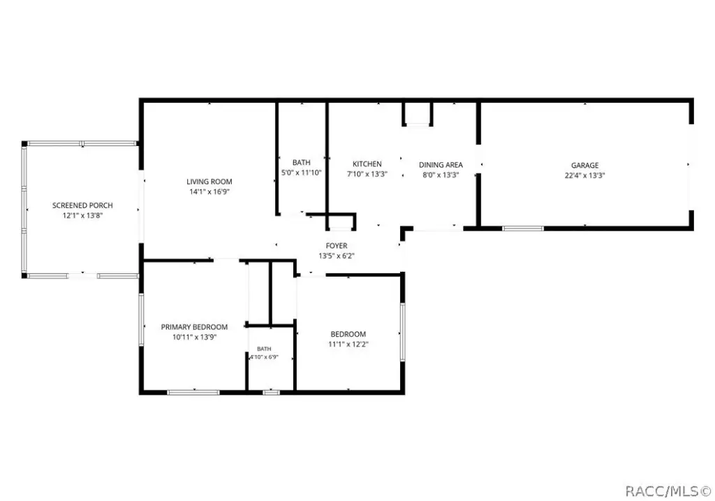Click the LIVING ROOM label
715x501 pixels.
click(209, 182)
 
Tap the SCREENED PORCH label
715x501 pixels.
click(82, 205)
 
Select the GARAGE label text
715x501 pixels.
click(585, 165)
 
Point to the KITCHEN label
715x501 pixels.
click(367, 164)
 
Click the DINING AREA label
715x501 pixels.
click(441, 165)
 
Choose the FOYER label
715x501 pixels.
click(337, 246)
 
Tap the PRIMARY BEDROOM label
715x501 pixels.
click(194, 327)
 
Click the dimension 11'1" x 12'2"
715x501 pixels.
click(348, 344)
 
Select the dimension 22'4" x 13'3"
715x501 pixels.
click(585, 175)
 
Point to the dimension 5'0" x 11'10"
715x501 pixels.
click(302, 173)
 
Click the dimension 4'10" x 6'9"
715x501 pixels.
click(264, 357)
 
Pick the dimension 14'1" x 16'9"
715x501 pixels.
click(209, 191)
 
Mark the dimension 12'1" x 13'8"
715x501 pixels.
click(82, 215)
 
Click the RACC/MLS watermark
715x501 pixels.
click(668, 491)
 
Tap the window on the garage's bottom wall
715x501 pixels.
click(523, 228)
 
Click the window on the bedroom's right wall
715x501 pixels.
click(403, 332)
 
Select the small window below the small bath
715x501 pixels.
click(272, 392)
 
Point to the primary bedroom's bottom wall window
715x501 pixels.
click(193, 392)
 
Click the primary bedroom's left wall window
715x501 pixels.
click(141, 319)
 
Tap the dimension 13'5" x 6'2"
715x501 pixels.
click(337, 256)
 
